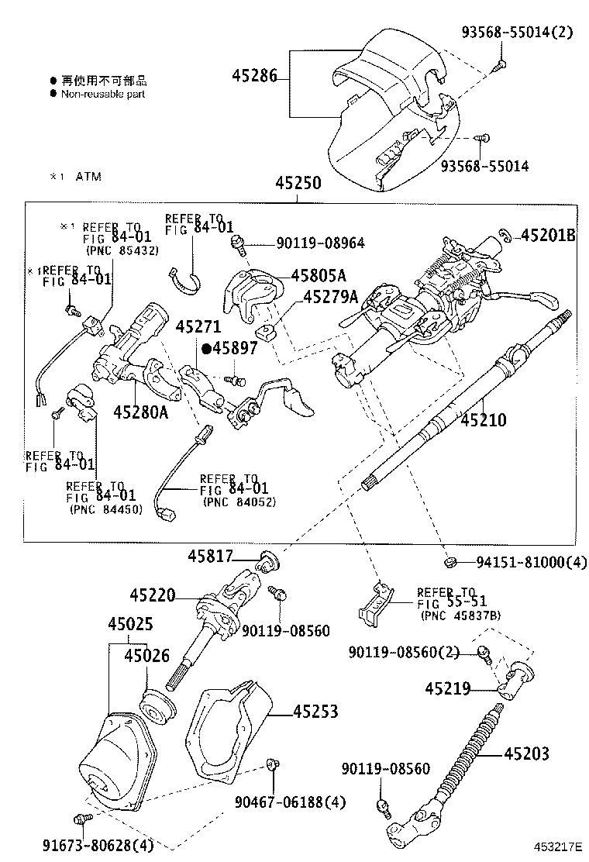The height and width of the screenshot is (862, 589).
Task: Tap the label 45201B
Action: [x=547, y=235]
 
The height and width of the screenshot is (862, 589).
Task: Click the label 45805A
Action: [x=318, y=275]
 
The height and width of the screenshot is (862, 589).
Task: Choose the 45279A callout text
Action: [x=330, y=297]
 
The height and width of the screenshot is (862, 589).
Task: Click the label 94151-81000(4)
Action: [x=521, y=563]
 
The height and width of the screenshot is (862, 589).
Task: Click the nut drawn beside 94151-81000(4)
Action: [x=449, y=561]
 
